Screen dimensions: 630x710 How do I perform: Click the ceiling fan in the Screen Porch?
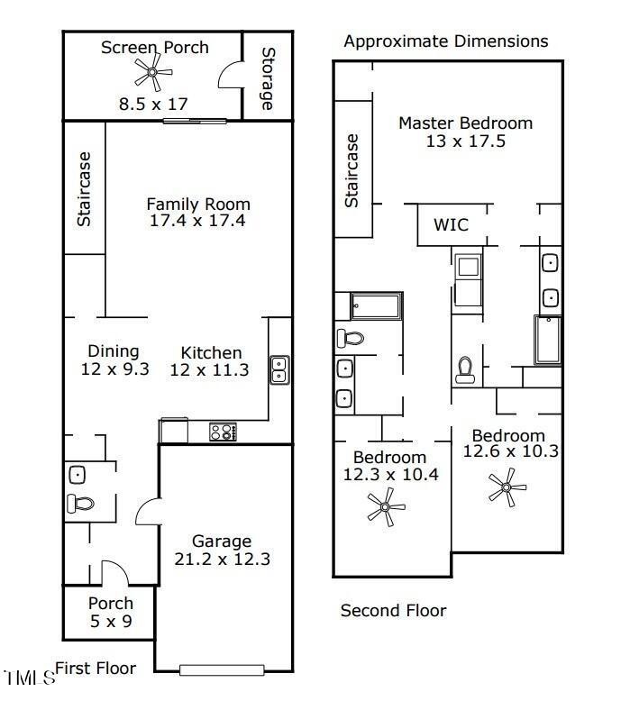[153, 71]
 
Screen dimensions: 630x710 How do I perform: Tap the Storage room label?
[268, 78]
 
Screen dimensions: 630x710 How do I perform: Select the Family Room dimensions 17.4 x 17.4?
[197, 221]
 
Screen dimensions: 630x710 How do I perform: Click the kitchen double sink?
[279, 370]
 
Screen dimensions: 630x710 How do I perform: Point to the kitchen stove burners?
[223, 432]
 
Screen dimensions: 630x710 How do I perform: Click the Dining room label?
[114, 350]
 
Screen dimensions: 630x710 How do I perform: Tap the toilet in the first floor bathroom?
[80, 504]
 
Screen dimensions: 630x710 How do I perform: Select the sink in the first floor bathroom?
[78, 475]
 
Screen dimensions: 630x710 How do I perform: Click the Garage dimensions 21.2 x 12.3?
[223, 560]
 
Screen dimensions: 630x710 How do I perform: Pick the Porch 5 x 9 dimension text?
[111, 622]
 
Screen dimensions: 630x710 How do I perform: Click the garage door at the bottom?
[222, 670]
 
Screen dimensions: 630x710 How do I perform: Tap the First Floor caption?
[96, 669]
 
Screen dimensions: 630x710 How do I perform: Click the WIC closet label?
[452, 224]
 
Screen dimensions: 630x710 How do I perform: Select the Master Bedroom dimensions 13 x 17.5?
[466, 141]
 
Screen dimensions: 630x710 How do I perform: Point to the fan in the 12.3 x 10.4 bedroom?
[386, 506]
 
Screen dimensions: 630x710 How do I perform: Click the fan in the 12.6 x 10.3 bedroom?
[507, 487]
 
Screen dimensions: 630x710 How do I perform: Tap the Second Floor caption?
[393, 610]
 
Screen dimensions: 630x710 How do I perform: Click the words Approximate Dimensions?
[446, 41]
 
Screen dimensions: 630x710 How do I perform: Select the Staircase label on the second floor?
[352, 170]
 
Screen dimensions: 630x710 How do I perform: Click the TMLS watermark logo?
[29, 678]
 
